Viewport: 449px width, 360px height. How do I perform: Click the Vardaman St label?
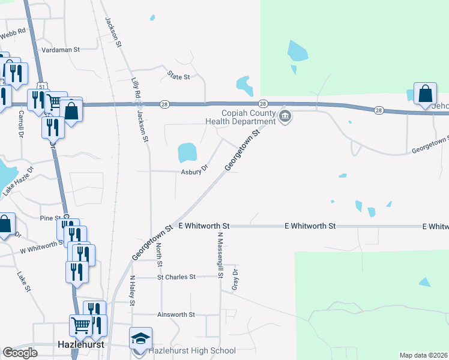coord(60,50)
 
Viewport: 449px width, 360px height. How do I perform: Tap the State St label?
coord(179,77)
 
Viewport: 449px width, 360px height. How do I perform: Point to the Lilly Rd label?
coord(136,88)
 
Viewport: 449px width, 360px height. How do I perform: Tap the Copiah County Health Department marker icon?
coord(285,117)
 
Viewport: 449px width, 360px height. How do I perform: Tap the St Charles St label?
coord(176,277)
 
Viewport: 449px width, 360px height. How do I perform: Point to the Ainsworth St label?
coord(176,314)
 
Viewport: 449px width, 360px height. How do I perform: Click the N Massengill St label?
coord(220,256)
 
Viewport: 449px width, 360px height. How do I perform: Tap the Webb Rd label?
coord(13,34)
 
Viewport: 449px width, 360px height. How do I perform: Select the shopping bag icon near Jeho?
coord(425,94)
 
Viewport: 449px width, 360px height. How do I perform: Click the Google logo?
coord(20,353)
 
